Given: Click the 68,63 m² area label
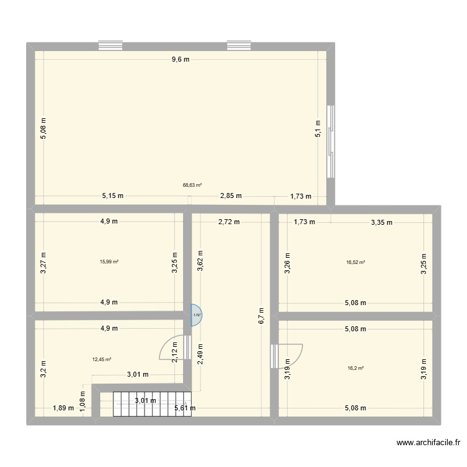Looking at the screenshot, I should point(192,185).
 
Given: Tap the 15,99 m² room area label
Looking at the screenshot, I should point(109,262).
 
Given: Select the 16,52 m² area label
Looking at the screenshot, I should point(356,262).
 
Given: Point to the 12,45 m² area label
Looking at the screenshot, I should point(101,359).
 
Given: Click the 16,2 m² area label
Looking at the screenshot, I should point(356,368).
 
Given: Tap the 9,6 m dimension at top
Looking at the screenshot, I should point(181,59).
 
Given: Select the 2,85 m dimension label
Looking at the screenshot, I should point(231,196).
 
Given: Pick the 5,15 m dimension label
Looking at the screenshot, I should point(113,196).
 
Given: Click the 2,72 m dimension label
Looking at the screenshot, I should point(228,221).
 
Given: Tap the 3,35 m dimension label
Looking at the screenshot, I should point(382,221).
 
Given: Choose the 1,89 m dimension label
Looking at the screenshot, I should point(63,408).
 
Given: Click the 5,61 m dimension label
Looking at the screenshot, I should point(186,408).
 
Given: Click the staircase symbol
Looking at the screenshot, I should point(151,403).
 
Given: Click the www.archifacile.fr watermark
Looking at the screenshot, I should point(428,443).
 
